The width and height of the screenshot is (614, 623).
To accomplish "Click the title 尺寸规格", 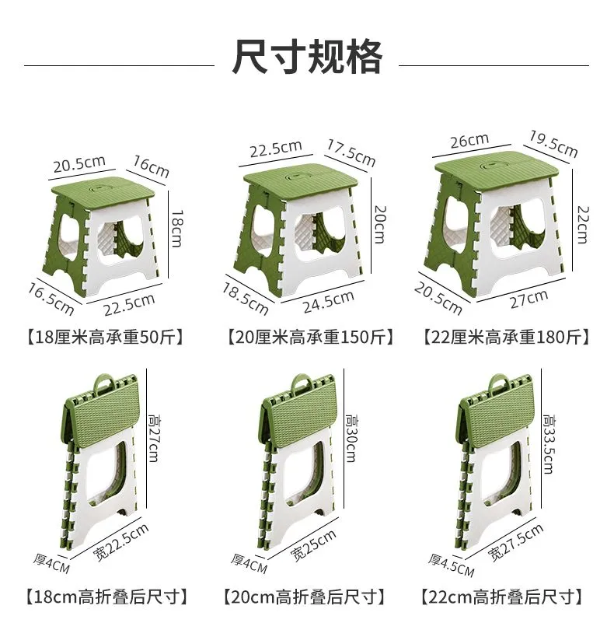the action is pos(306,57).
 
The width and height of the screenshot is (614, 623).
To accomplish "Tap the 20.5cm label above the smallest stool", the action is pos(79,163).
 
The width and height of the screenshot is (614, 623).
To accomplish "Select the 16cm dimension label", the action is pos(152,166).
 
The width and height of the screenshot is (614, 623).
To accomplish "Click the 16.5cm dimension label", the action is pos(51,299).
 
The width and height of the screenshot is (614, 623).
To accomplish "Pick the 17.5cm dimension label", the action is pos(351,152).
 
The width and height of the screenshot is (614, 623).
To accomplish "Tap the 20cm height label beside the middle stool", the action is pos(380,224).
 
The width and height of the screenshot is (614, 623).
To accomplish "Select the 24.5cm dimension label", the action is pos(329,302).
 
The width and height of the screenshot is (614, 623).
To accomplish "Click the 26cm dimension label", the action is pos(469,140).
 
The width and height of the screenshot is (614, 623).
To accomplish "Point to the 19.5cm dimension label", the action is pos(553,143).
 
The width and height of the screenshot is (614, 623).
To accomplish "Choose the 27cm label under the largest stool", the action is pos(529,299).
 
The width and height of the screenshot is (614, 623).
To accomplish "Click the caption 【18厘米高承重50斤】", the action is pos(106,338).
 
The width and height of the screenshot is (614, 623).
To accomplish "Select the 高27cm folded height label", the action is pos(154,438).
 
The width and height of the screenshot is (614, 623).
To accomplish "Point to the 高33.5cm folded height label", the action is pos(549,444).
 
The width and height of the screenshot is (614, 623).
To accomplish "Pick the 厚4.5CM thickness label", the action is pos(451,565).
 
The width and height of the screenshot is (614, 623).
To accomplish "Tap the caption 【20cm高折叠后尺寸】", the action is pos(305,597).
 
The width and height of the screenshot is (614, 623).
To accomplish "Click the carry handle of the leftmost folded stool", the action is pos(104,383).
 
